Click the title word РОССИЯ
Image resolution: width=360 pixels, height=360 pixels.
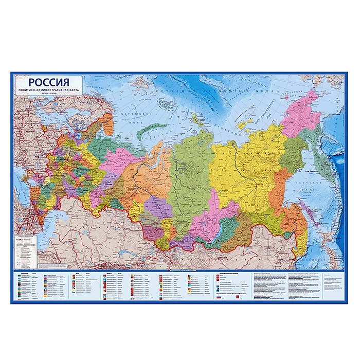pos(49,82)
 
